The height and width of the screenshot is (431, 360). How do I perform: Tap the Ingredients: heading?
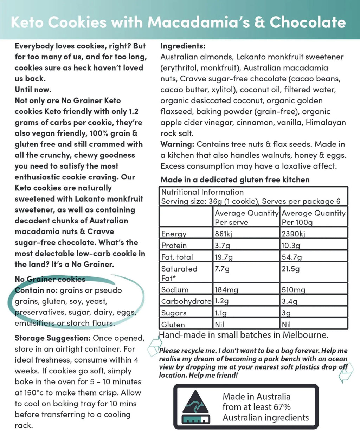click(183, 46)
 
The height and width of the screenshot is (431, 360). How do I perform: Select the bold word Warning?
click(177, 144)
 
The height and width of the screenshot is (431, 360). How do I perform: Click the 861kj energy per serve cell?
click(224, 234)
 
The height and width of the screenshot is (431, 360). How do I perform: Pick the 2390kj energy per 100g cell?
click(293, 234)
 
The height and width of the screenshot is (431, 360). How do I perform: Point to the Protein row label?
click(174, 246)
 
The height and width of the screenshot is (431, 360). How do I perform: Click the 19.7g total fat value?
click(224, 257)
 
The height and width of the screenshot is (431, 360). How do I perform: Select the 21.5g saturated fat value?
click(291, 269)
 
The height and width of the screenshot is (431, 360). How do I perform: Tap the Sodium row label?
click(175, 290)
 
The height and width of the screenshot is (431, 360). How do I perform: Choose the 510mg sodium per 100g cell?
click(293, 290)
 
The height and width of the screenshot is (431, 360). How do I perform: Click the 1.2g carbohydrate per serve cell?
click(221, 301)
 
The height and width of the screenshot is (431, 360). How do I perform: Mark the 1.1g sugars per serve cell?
click(221, 313)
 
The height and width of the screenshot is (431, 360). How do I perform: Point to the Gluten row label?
click(173, 325)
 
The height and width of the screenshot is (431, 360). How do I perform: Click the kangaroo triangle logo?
click(196, 407)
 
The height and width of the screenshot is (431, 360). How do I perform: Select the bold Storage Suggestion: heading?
click(53, 338)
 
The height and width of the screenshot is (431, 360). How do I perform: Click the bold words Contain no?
click(36, 290)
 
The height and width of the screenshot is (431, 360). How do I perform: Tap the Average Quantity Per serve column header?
click(246, 217)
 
